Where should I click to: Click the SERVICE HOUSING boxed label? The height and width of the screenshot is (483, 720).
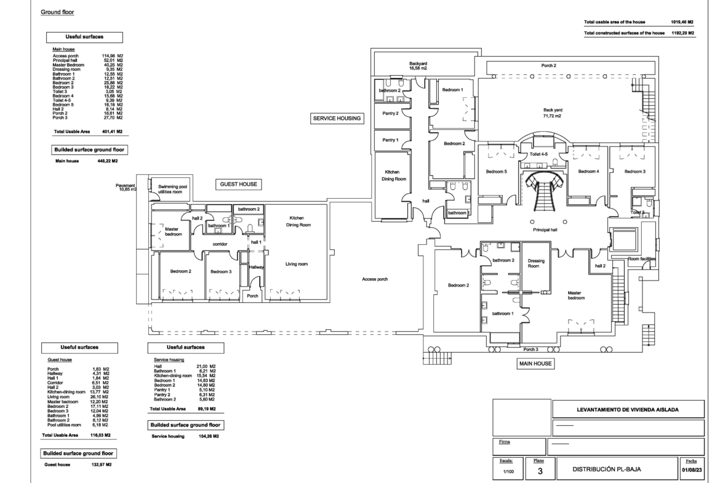337,119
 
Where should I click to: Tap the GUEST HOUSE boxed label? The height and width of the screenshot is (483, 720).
239,184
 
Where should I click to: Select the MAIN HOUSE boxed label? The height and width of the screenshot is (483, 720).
535,364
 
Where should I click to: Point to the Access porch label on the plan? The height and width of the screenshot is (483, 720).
375,279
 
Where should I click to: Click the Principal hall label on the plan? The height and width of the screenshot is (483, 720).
545,230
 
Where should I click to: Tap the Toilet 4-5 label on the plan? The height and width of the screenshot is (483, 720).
538,154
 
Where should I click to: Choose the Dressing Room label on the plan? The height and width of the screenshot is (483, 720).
536,263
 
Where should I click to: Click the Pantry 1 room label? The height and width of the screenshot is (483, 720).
390,140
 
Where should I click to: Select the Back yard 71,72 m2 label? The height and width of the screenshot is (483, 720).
553,113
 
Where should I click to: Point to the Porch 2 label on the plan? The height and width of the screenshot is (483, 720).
548,66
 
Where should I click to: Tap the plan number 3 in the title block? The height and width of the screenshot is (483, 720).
540,471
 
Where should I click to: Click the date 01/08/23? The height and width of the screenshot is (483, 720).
691,469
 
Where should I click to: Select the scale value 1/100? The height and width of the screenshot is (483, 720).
508,471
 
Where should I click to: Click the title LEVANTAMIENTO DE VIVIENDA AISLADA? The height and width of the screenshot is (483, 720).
628,410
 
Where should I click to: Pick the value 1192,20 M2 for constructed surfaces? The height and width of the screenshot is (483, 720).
683,33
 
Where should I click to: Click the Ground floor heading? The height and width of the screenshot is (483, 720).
57,12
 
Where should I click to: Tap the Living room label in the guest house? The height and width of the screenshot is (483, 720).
297,264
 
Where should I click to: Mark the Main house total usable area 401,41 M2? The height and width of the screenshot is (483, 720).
113,132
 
